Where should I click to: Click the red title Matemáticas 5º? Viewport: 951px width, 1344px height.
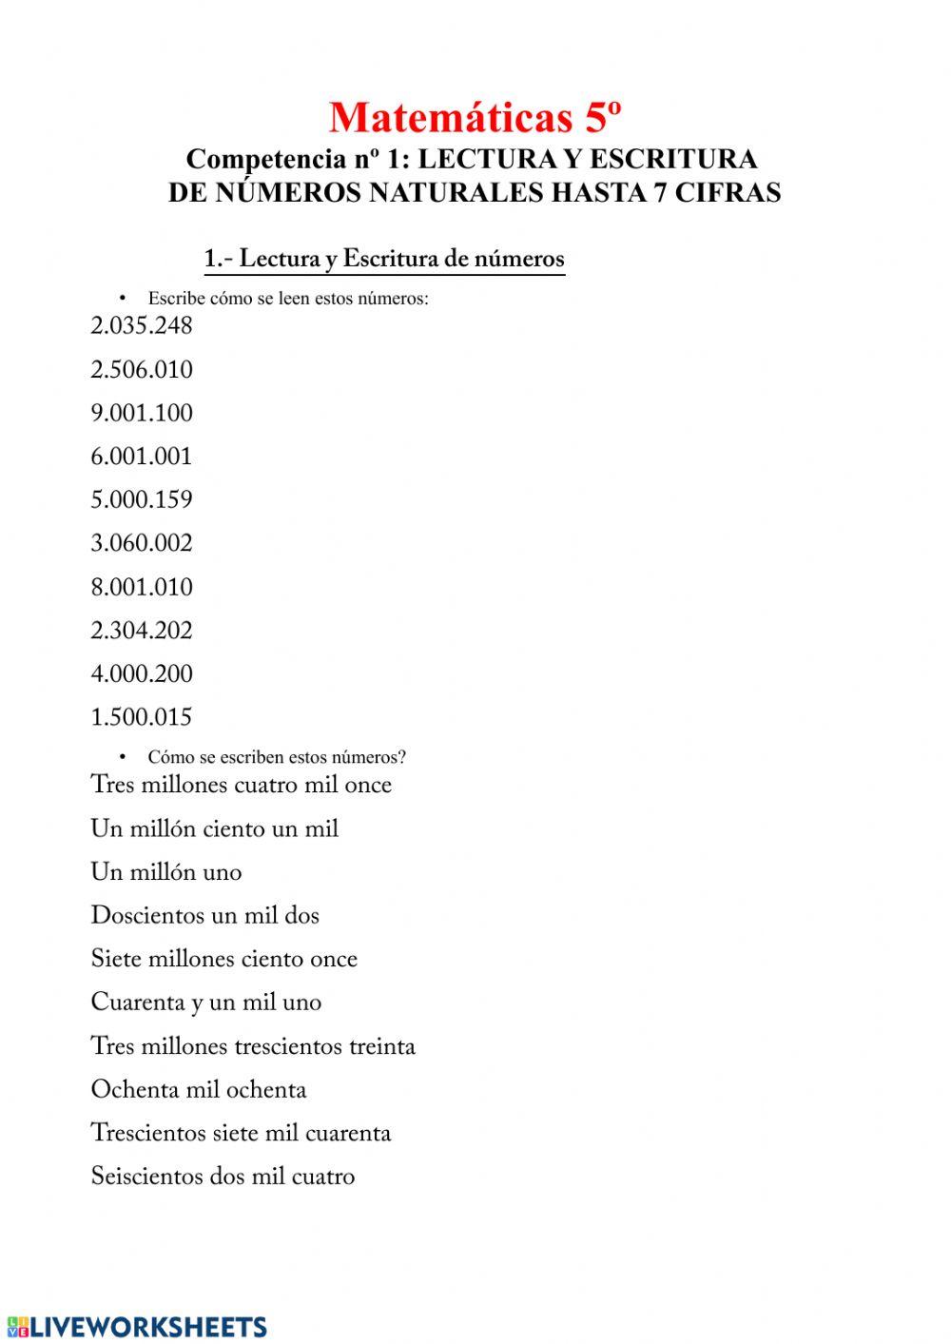(x=475, y=118)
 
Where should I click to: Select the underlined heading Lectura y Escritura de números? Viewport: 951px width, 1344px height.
(x=384, y=259)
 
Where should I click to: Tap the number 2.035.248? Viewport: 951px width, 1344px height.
(x=142, y=326)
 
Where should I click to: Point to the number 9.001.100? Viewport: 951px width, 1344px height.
(x=142, y=413)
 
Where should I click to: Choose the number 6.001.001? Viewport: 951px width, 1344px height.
(x=142, y=457)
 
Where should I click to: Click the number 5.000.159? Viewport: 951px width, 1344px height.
(x=142, y=500)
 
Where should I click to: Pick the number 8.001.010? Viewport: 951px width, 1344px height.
(x=142, y=587)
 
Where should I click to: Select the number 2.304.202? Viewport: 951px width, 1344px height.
(x=142, y=631)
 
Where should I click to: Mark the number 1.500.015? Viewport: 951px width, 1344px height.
(x=142, y=717)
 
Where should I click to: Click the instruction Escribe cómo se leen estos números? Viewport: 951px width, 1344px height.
(x=288, y=299)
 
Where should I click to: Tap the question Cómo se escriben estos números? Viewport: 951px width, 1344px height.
(x=277, y=757)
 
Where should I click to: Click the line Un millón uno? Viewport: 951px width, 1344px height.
(x=166, y=872)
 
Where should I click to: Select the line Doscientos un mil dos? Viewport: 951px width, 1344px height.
(x=205, y=916)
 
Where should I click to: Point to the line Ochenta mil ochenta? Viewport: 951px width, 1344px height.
(x=199, y=1090)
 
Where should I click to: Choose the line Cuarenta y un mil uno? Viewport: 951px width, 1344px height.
(x=206, y=1003)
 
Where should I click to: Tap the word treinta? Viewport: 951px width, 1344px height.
(x=381, y=1046)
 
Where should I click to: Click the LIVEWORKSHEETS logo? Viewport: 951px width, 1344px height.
(x=136, y=1327)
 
